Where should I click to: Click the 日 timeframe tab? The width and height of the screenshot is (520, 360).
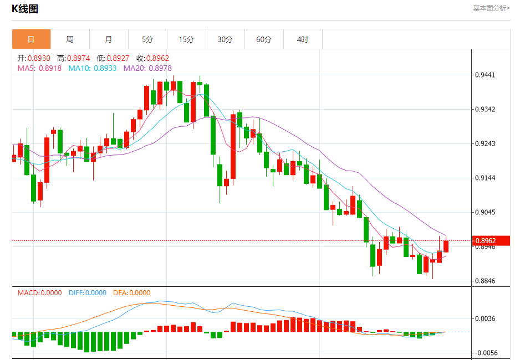[31, 39]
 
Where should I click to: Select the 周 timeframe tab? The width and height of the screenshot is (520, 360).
[70, 39]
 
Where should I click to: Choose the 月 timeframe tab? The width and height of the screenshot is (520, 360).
[109, 39]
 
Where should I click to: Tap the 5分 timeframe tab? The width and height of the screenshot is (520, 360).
[147, 39]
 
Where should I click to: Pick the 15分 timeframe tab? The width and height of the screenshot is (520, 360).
[186, 39]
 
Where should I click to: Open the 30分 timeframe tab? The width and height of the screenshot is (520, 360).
[225, 39]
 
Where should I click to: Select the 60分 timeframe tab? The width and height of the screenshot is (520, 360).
[264, 39]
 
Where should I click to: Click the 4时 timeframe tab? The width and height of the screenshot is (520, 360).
[303, 39]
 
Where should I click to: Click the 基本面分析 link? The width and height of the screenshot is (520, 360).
[491, 8]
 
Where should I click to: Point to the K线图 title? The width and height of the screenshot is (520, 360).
[25, 9]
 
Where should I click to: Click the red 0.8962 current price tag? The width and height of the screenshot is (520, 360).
[491, 241]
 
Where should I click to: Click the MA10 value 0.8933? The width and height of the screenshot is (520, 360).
[105, 68]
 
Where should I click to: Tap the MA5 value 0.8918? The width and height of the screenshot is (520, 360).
[51, 68]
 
